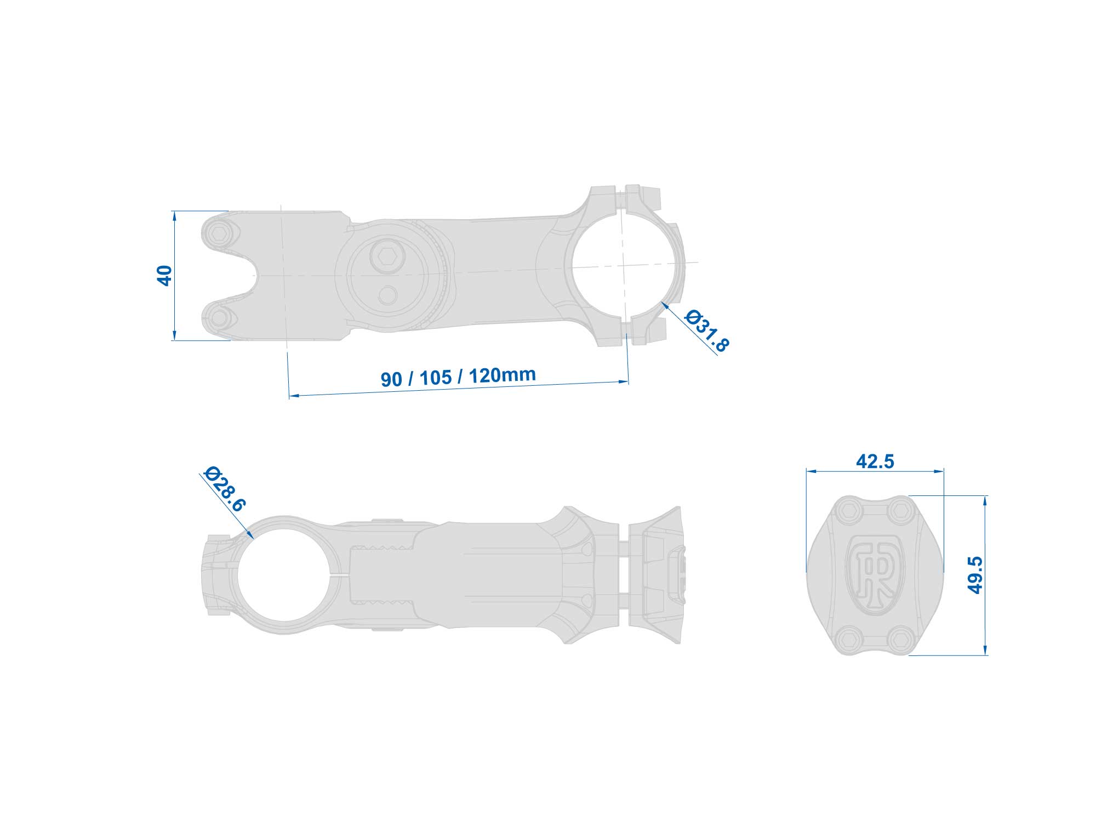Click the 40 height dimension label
[164, 276]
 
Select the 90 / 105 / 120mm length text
[458, 376]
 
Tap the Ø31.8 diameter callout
[707, 330]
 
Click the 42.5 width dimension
[875, 461]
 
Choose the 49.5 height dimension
[975, 575]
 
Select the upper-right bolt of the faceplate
[899, 511]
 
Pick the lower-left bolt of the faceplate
[848, 638]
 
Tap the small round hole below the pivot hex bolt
[388, 295]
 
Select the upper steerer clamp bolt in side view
[220, 234]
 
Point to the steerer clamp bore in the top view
[286, 575]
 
